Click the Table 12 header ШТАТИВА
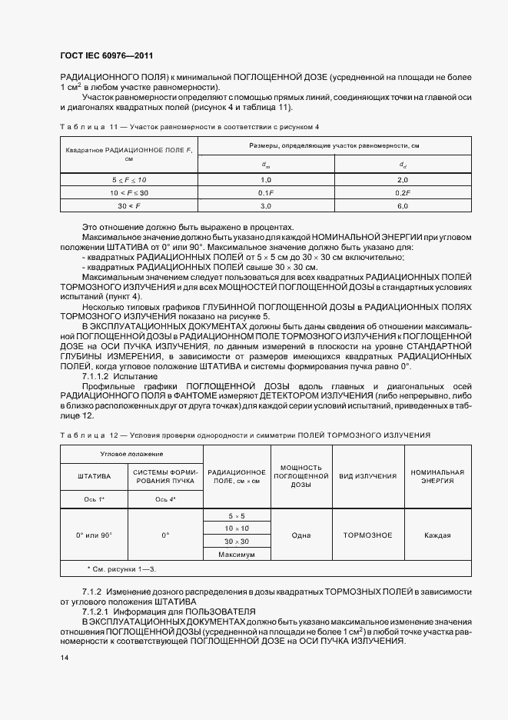[x=95, y=475]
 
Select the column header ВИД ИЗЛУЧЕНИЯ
[x=368, y=475]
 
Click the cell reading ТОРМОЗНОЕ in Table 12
[x=367, y=535]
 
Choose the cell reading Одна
[x=301, y=535]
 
